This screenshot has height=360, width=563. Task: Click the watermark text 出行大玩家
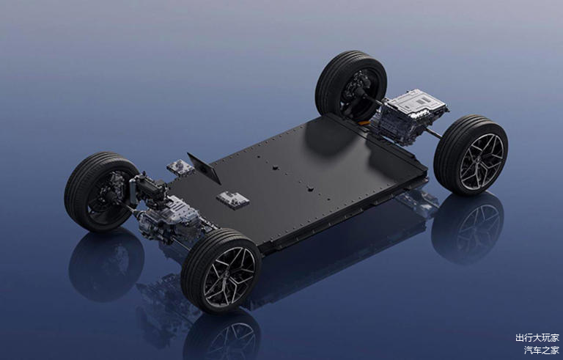(x=537, y=338)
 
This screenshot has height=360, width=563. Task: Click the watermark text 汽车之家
(x=542, y=350)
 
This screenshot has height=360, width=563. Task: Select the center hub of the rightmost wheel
(x=482, y=162)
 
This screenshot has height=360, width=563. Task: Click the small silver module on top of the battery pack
(x=232, y=199)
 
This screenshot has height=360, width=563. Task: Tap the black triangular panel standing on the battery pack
(x=205, y=168)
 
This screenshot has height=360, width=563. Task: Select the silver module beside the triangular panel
(x=180, y=167)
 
